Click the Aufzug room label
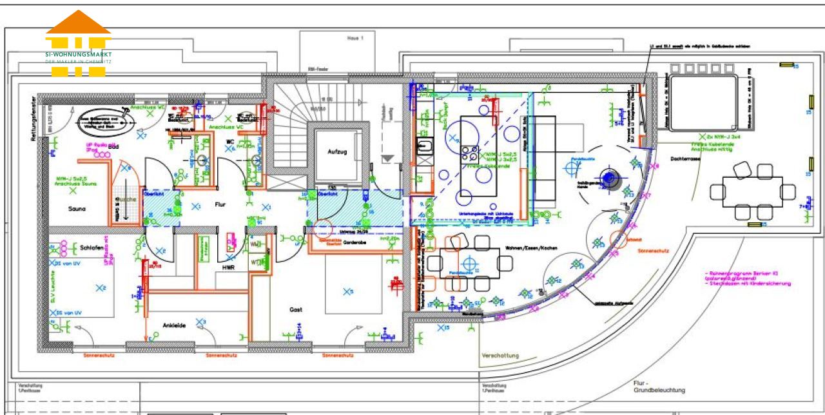pos(337,152)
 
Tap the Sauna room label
pos(77,209)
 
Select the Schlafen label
pos(93,247)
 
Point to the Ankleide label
pos(174,325)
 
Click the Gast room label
pos(296,310)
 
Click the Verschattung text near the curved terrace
pos(500,355)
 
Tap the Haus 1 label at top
pos(355,39)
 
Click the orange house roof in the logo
pos(78,23)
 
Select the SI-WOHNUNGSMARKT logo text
pos(78,54)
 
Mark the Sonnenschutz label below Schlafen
pos(100,355)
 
